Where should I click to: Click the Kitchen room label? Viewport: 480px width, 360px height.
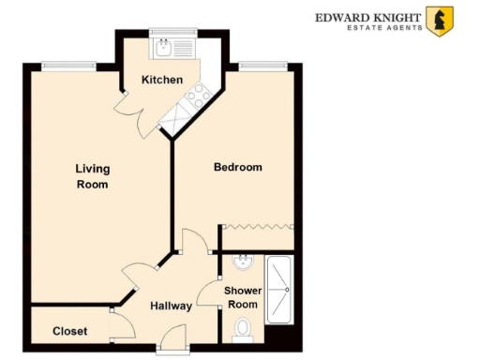coord(162,80)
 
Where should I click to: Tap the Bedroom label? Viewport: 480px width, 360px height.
coord(238,168)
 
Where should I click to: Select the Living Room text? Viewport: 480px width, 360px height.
coord(93,177)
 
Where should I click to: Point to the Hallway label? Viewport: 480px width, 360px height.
coord(171,306)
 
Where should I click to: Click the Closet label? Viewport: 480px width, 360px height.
coord(70,331)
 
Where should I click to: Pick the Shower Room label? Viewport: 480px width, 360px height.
coord(242,297)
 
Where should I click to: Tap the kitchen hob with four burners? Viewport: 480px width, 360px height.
coord(197,94)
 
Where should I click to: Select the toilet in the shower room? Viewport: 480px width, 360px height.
coord(243,329)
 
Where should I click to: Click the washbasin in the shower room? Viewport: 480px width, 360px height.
coord(242,262)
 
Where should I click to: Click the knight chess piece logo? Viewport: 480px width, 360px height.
coord(438,21)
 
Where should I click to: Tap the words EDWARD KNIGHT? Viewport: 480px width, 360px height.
coord(367,15)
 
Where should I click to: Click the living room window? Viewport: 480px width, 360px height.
coord(60,65)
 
